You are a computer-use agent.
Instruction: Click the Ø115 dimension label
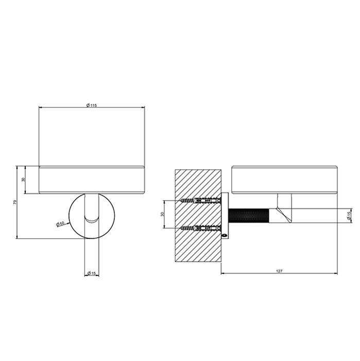pos(92,106)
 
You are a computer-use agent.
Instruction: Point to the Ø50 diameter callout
pos(61,223)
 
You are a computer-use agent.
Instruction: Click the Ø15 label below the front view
pos(92,273)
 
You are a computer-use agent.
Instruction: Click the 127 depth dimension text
pos(279,271)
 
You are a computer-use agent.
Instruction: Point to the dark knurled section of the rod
pos(248,215)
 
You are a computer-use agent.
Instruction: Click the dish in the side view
pos(284,179)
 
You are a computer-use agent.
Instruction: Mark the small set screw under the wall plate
pos(225,235)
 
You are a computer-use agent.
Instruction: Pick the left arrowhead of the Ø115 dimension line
pos(41,108)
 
